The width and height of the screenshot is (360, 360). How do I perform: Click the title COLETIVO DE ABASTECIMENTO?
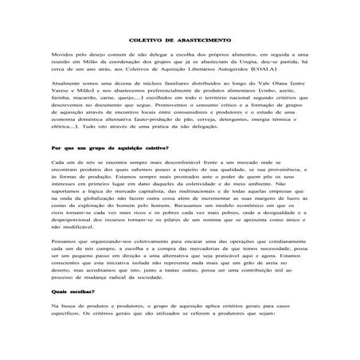coord(180,61)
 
